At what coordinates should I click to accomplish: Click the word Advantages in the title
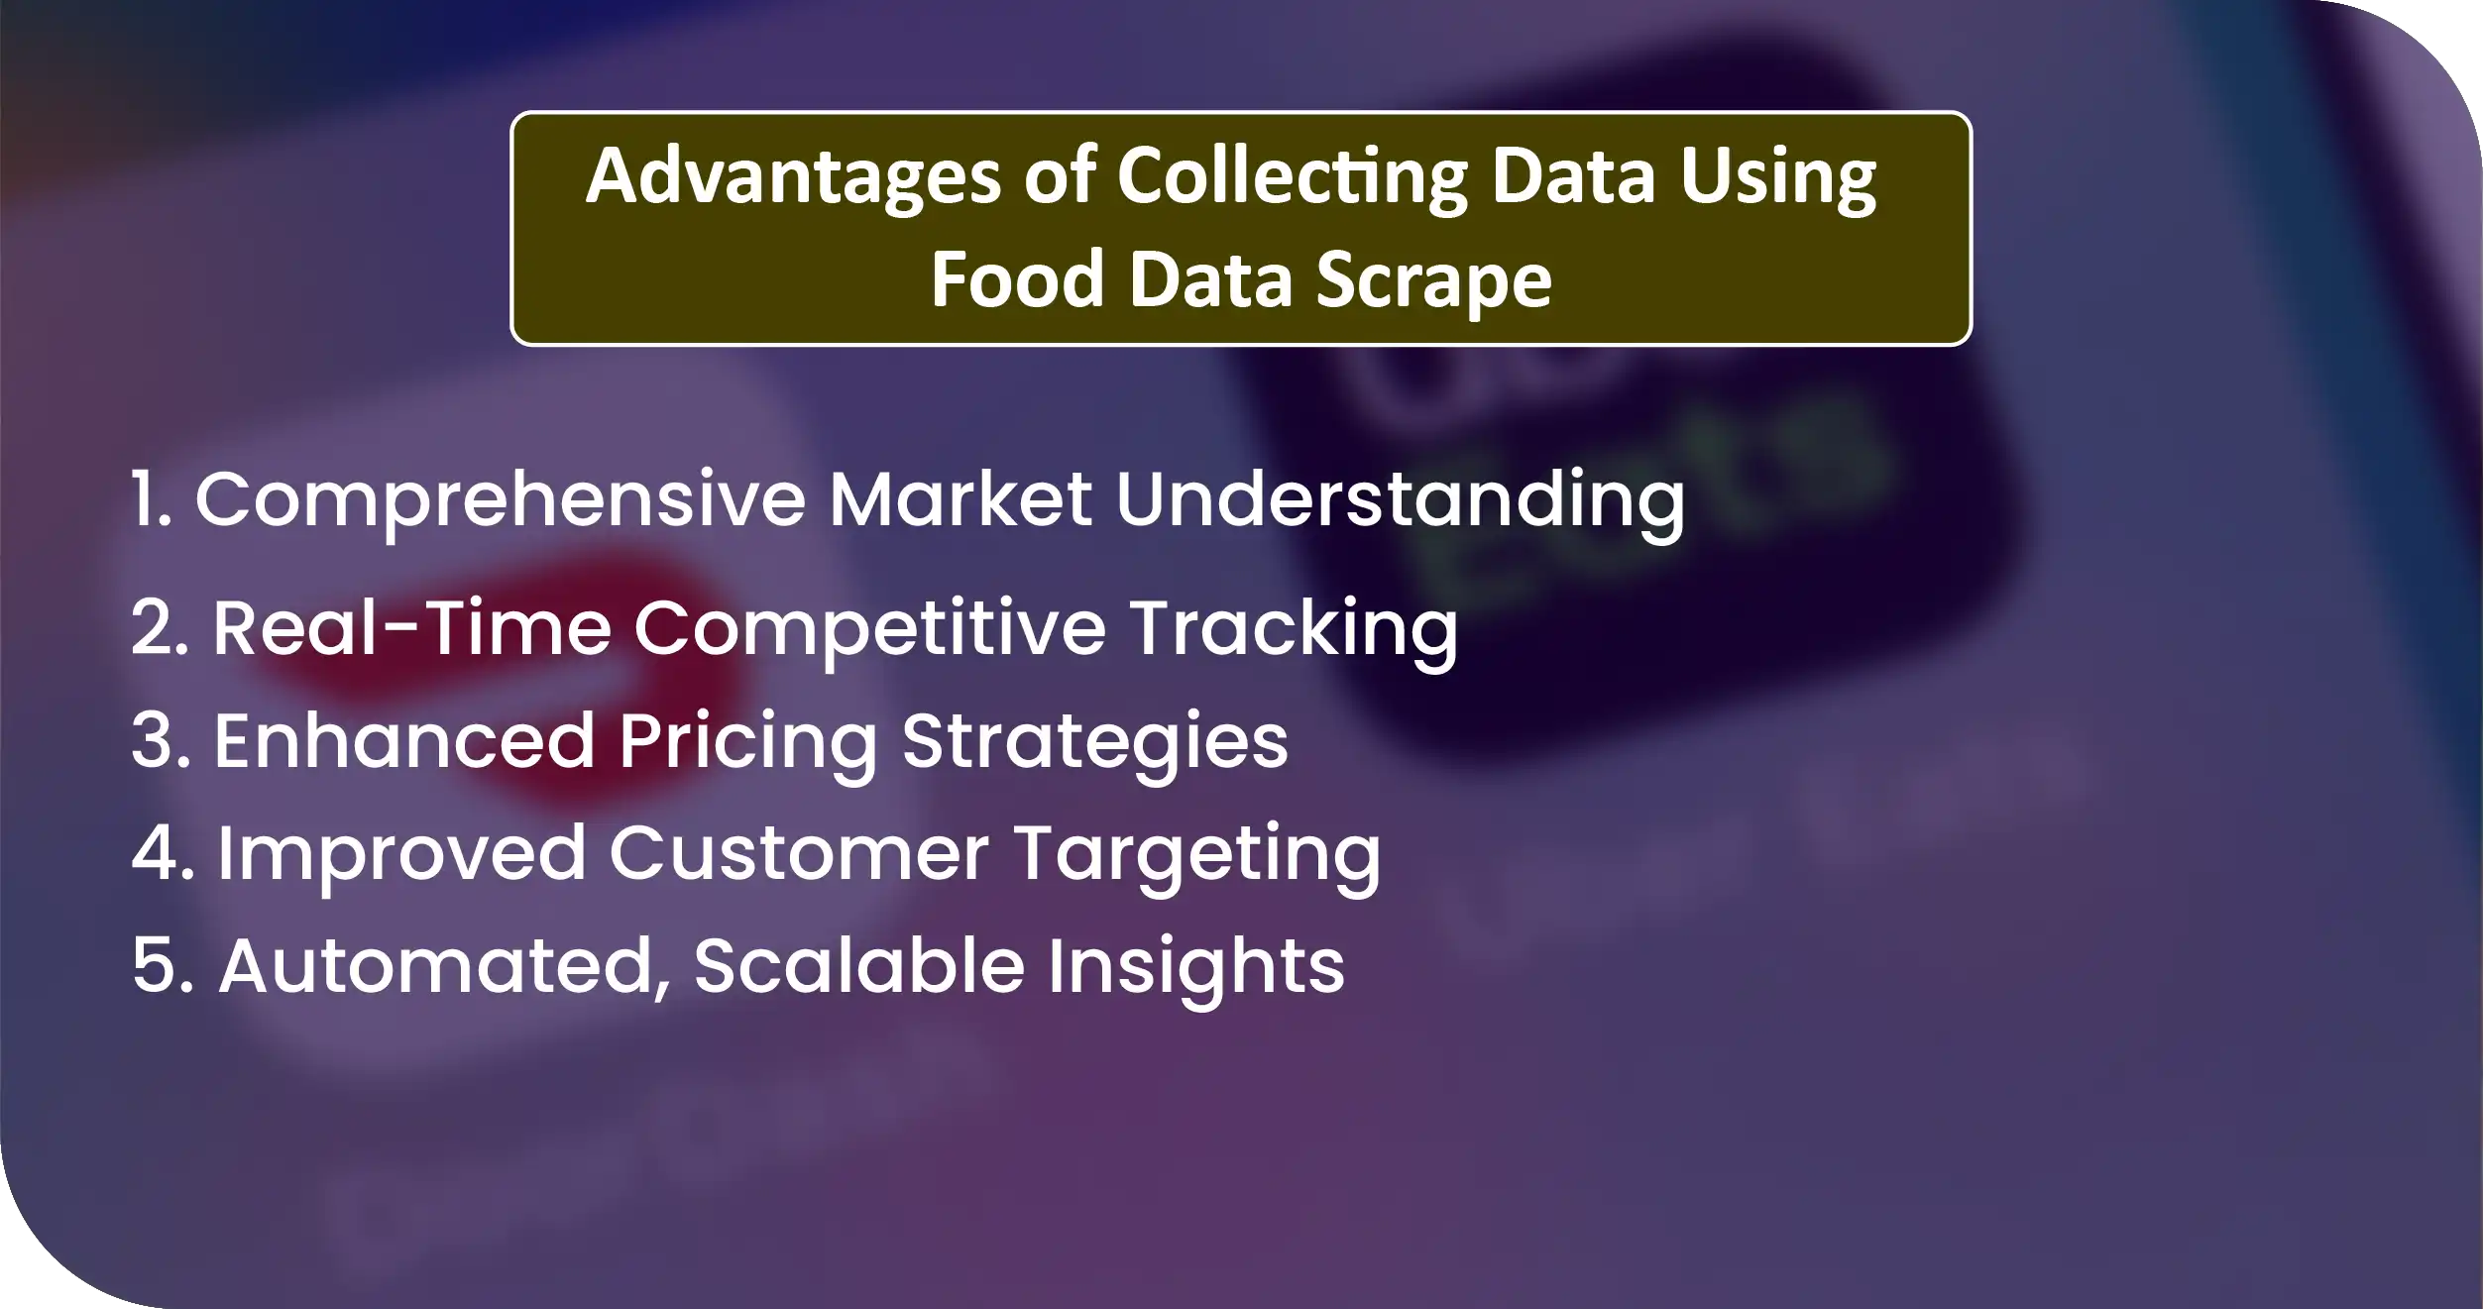(x=794, y=178)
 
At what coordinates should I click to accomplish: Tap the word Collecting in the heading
(x=1293, y=178)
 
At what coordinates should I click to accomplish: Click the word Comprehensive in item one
(x=501, y=501)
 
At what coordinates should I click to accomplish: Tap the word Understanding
(x=1400, y=501)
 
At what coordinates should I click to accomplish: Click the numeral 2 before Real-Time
(x=156, y=628)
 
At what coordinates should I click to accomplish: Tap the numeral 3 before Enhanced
(x=158, y=741)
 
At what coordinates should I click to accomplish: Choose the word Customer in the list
(x=799, y=854)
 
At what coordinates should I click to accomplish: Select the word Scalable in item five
(x=859, y=964)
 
